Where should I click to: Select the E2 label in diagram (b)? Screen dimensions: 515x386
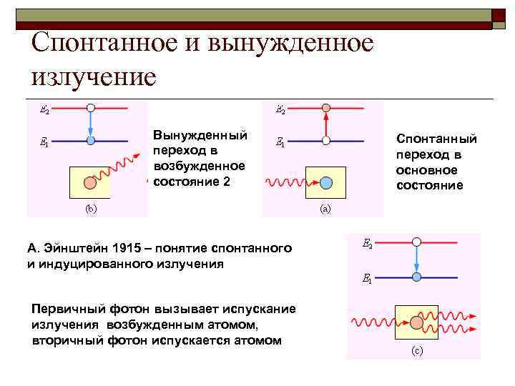coord(44,110)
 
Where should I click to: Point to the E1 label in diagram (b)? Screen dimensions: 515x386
coord(44,143)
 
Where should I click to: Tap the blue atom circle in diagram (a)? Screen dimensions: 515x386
coord(326,182)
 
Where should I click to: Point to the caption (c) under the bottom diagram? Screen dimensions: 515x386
coord(416,351)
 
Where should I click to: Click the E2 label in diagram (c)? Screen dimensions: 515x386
coord(367,245)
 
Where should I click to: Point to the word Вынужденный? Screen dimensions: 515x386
coord(200,136)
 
